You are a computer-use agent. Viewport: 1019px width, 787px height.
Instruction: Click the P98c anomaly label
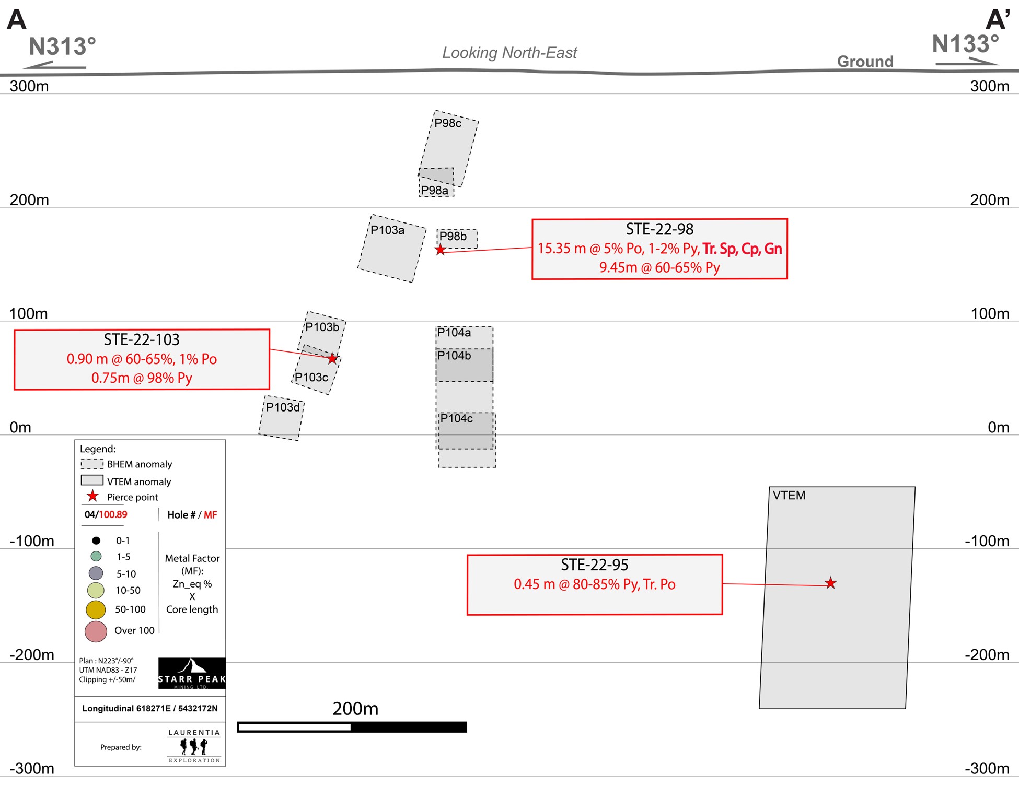[x=448, y=123]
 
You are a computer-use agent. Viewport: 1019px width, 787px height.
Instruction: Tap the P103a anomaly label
[x=387, y=230]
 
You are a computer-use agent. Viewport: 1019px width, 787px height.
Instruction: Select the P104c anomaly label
[x=456, y=418]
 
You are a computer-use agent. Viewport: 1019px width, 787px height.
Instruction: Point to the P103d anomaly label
[x=283, y=407]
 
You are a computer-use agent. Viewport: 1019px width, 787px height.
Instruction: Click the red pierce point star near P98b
[x=441, y=250]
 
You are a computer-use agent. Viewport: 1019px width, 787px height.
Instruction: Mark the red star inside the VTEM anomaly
[x=830, y=583]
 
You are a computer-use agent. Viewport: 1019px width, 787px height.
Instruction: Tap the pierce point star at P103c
[x=332, y=358]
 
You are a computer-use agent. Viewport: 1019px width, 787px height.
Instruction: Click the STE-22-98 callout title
[x=659, y=229]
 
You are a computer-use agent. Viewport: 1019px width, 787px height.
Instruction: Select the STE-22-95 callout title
[x=594, y=565]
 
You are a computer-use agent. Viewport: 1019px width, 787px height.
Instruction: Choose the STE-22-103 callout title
[x=142, y=340]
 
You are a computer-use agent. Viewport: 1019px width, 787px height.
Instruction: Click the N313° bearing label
[x=62, y=46]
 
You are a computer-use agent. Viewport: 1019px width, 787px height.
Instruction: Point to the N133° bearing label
[x=965, y=44]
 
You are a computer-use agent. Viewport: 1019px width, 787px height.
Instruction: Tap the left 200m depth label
[x=29, y=200]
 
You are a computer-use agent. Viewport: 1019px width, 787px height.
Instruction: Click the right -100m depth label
[x=987, y=541]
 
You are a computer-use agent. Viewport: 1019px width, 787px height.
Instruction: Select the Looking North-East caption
[x=509, y=53]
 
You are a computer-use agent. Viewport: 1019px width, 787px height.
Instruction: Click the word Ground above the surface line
[x=865, y=62]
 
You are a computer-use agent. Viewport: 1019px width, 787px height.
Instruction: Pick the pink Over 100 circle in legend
[x=96, y=631]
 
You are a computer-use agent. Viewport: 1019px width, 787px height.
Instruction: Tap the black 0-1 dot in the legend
[x=96, y=541]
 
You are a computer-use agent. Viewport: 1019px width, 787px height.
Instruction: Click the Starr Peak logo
[x=192, y=673]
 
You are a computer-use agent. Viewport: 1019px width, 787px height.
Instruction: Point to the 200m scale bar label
[x=355, y=709]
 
